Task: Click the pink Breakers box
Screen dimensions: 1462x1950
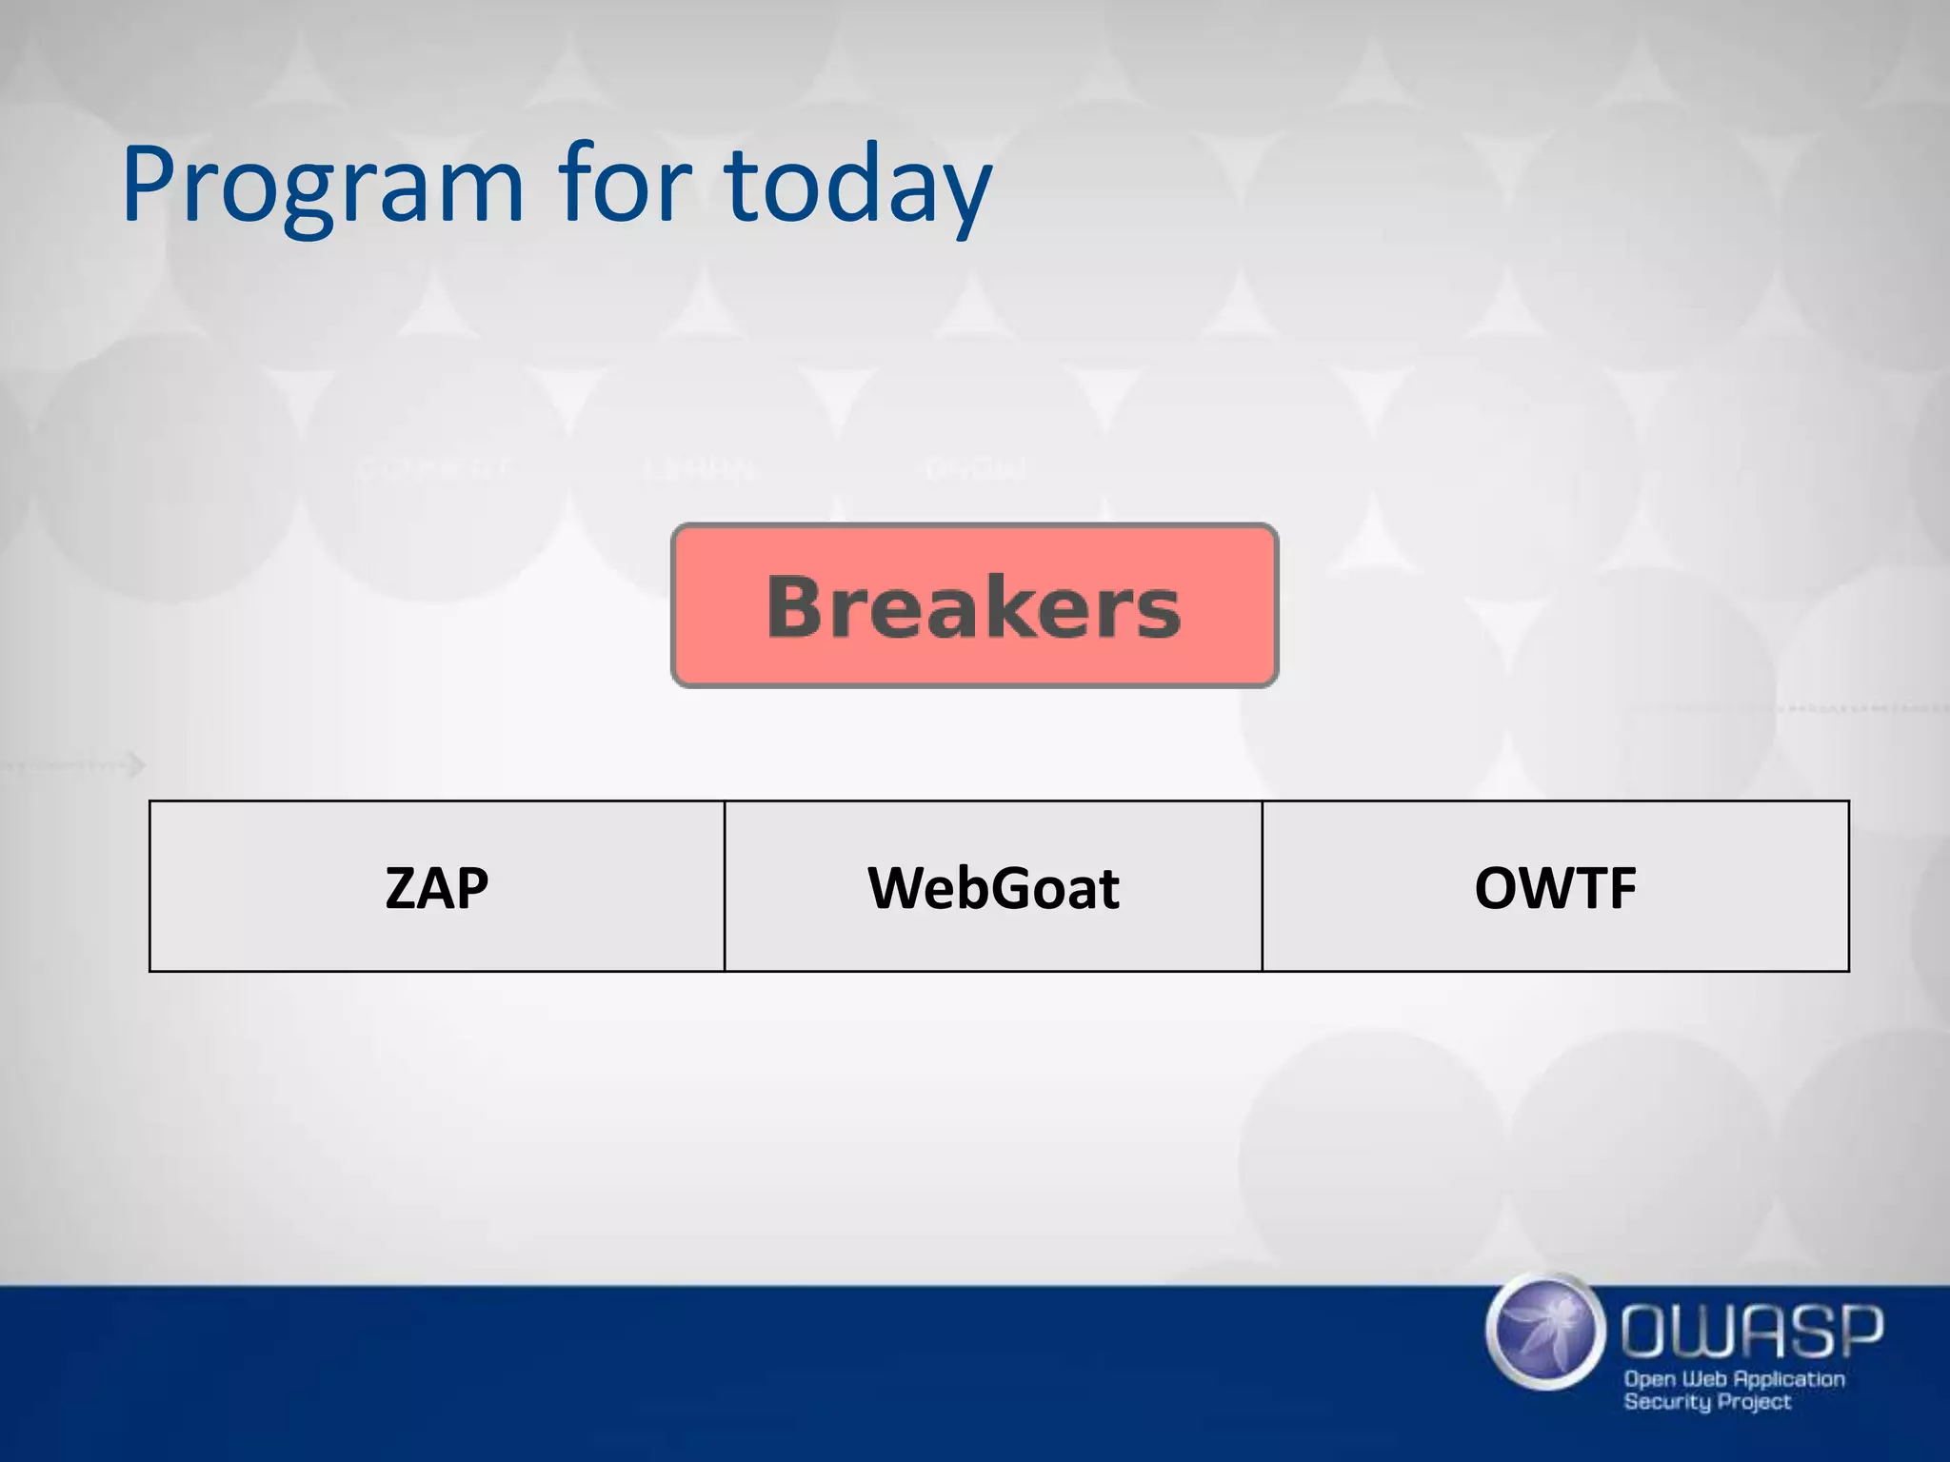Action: point(974,605)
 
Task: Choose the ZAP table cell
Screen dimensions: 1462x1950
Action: point(437,886)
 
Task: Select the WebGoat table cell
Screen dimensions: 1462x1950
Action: point(993,886)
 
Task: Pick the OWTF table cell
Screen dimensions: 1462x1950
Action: point(1555,886)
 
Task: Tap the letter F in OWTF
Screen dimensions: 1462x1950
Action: point(1620,888)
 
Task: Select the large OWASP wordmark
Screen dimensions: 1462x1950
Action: point(1752,1331)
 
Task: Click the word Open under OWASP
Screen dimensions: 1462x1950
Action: point(1650,1379)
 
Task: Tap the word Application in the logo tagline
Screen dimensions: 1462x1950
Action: point(1789,1379)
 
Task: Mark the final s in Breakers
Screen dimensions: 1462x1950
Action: point(1158,612)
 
